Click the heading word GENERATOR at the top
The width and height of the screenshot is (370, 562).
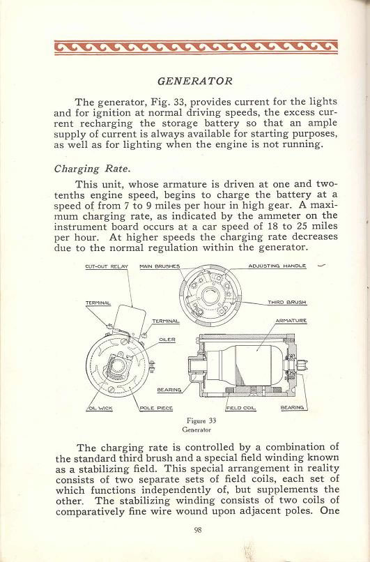(x=185, y=79)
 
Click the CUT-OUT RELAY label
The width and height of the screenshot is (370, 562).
(x=106, y=266)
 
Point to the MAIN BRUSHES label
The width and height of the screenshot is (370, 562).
(x=160, y=266)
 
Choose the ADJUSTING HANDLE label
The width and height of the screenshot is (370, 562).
(x=277, y=266)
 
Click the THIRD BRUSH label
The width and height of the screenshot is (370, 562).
(x=287, y=303)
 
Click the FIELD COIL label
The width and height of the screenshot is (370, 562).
(x=239, y=407)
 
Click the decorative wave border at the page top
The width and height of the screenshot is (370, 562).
(x=185, y=47)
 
